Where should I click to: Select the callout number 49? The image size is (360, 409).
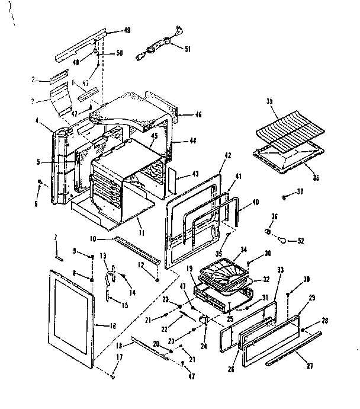[127, 30]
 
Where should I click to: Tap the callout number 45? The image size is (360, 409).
[153, 136]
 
